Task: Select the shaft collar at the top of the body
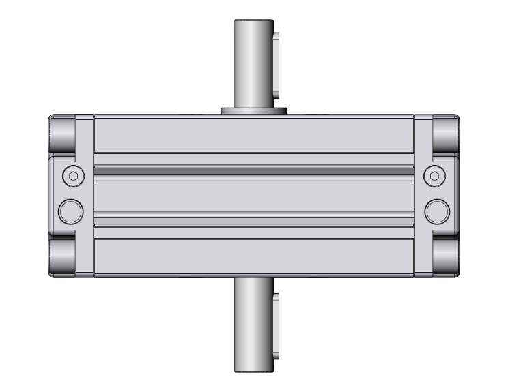(253, 110)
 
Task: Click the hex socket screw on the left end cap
(72, 176)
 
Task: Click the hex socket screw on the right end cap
(436, 176)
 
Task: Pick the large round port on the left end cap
(71, 211)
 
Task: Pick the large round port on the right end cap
(437, 211)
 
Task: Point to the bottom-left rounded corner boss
(63, 257)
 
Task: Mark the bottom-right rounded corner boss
(446, 257)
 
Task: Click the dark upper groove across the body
(253, 168)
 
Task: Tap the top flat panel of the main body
(253, 134)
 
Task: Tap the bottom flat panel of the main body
(253, 259)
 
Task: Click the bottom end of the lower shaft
(253, 370)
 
